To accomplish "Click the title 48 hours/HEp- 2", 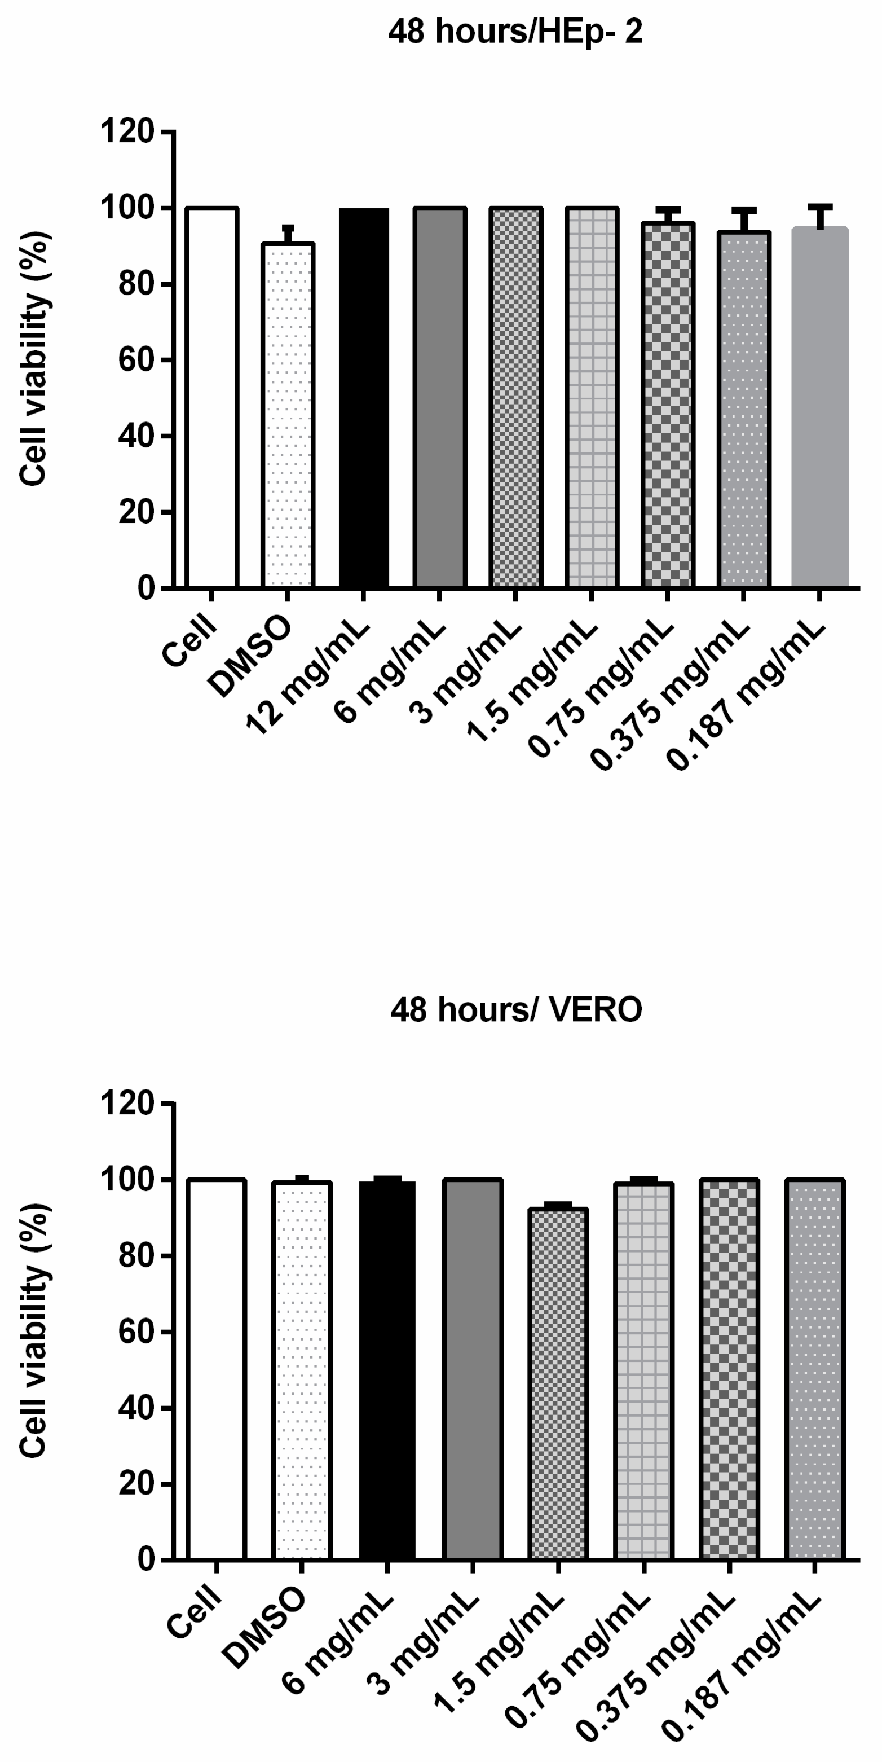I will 515,32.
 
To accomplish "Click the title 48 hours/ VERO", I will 516,1009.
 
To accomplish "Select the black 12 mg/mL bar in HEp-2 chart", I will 364,397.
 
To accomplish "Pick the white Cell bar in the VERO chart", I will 216,1368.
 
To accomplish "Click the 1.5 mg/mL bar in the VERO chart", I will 558,1382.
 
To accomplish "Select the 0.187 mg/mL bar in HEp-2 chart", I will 820,407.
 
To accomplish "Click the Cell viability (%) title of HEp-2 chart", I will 33,358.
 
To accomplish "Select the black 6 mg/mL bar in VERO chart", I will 387,1368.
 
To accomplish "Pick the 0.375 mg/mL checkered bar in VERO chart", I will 729,1368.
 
